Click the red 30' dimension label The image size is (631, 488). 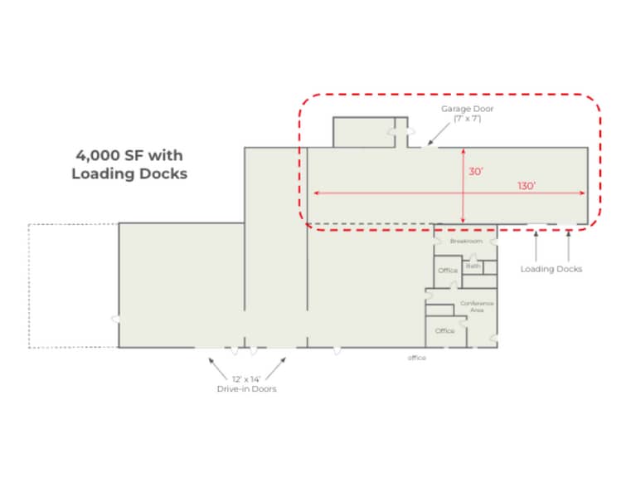pos(475,172)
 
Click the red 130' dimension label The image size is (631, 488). pos(527,186)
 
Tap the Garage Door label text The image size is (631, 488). pos(467,109)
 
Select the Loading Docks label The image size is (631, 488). pos(551,269)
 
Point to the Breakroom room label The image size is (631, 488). pos(466,242)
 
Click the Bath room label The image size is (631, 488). pos(473,266)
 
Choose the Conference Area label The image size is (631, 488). pos(477,306)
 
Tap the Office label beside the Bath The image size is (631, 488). pos(448,271)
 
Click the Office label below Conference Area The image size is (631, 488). pos(444,330)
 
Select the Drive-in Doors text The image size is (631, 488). pos(247,389)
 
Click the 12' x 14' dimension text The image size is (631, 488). pos(246,379)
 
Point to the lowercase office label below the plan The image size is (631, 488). pos(417,358)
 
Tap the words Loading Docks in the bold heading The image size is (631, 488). pos(129,173)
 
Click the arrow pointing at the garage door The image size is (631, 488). pos(439,134)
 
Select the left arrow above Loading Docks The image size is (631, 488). pos(536,246)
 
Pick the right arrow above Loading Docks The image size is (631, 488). pos(568,246)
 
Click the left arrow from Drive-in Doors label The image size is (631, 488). pos(218,368)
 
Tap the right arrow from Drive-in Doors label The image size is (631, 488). pos(275,368)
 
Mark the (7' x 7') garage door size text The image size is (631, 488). pos(467,119)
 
